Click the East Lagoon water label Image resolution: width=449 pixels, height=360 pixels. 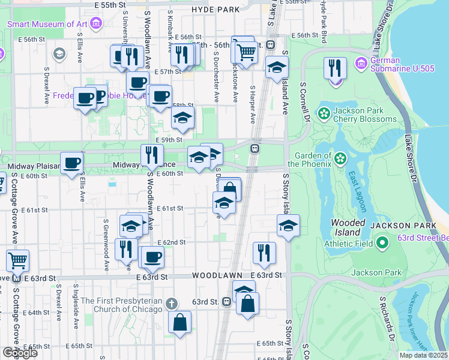coord(358,191)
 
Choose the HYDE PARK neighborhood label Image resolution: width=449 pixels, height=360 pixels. coord(215,10)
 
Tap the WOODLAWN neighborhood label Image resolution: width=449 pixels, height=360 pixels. coord(217,275)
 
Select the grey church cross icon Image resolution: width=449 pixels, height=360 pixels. coord(172,304)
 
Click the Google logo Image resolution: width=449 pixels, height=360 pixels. coord(20,352)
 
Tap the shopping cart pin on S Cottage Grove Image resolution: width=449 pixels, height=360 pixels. coord(18,261)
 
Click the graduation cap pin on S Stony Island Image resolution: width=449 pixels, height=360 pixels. coord(288,226)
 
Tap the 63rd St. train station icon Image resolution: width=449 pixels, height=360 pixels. coord(226,302)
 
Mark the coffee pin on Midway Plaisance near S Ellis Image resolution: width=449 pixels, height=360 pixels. coord(71,163)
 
